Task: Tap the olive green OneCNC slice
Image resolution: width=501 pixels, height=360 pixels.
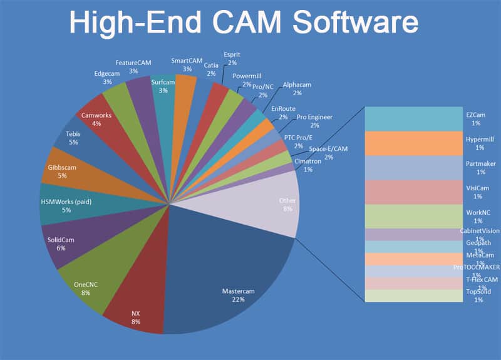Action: [88, 275]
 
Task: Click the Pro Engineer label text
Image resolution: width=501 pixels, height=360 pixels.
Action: [314, 116]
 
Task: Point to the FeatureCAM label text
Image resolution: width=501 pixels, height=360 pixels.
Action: [133, 63]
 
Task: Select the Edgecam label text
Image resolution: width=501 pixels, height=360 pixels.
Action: [106, 73]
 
